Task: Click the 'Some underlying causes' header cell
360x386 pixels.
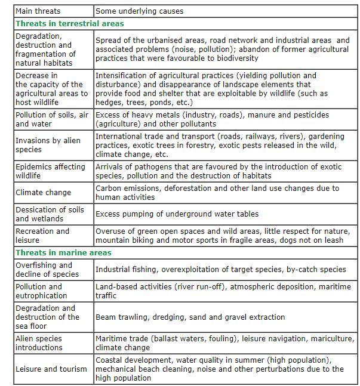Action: click(139, 11)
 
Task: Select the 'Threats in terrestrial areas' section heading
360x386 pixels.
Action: click(70, 24)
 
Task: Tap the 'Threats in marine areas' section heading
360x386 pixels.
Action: click(63, 253)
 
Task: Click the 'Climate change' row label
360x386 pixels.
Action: click(43, 193)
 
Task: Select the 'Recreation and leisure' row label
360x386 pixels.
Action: click(42, 236)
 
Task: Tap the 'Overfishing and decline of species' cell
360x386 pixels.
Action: click(47, 270)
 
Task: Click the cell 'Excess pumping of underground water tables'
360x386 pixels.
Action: click(177, 214)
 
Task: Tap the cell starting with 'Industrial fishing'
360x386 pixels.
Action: click(221, 270)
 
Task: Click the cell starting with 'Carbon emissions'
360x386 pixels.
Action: click(217, 193)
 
